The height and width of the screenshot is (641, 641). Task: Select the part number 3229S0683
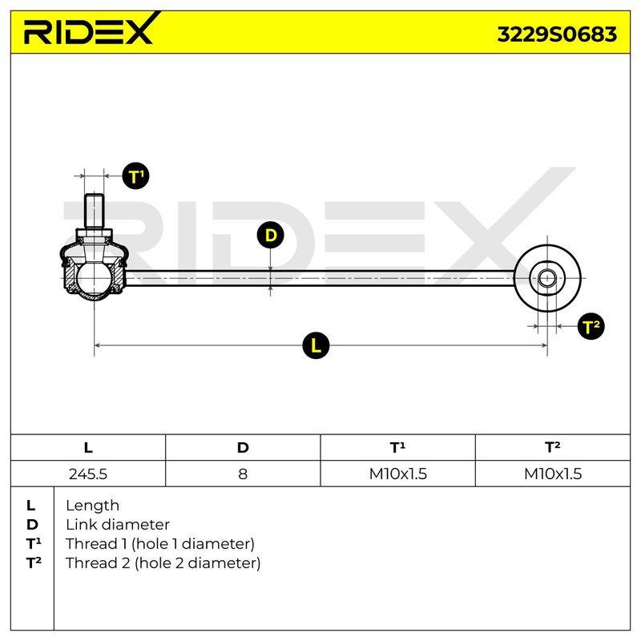557,34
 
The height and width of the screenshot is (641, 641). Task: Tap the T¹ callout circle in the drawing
135,176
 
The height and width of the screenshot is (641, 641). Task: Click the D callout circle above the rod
270,235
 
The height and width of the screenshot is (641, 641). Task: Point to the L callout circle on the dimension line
316,345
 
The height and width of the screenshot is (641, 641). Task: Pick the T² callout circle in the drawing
591,326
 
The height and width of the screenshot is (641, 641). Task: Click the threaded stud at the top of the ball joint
94,211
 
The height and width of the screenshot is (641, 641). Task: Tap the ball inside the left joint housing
93,278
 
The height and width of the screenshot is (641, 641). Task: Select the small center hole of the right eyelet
547,278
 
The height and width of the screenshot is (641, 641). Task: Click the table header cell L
88,448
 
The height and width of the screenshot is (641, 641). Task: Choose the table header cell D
243,448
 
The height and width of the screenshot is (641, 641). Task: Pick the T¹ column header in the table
397,447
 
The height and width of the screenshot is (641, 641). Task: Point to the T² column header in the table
553,447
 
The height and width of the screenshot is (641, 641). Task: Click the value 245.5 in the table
88,474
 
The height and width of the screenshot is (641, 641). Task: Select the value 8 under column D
243,474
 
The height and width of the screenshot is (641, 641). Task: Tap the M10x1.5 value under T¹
397,474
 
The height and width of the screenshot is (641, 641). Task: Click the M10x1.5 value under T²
553,474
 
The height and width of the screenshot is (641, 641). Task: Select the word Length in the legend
92,506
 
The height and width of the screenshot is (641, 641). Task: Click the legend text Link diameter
118,525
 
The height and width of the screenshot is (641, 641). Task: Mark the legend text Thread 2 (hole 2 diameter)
163,563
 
